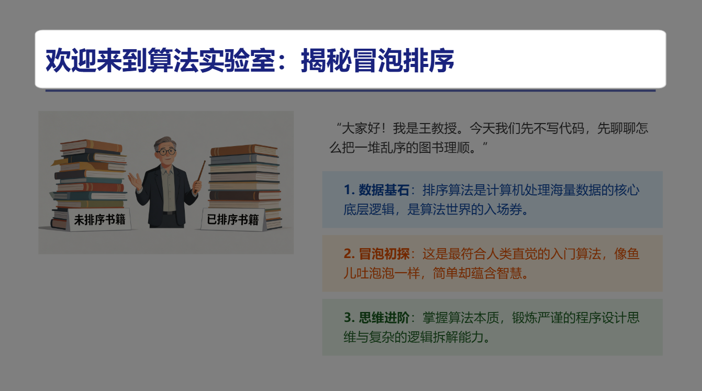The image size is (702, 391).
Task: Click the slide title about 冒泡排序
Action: click(250, 61)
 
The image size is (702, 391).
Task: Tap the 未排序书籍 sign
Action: click(99, 219)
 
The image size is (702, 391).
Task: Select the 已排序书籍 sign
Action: click(233, 219)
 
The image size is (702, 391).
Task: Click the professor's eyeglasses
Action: click(167, 152)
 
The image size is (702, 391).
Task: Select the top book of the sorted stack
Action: click(243, 150)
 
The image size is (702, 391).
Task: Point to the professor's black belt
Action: click(169, 212)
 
